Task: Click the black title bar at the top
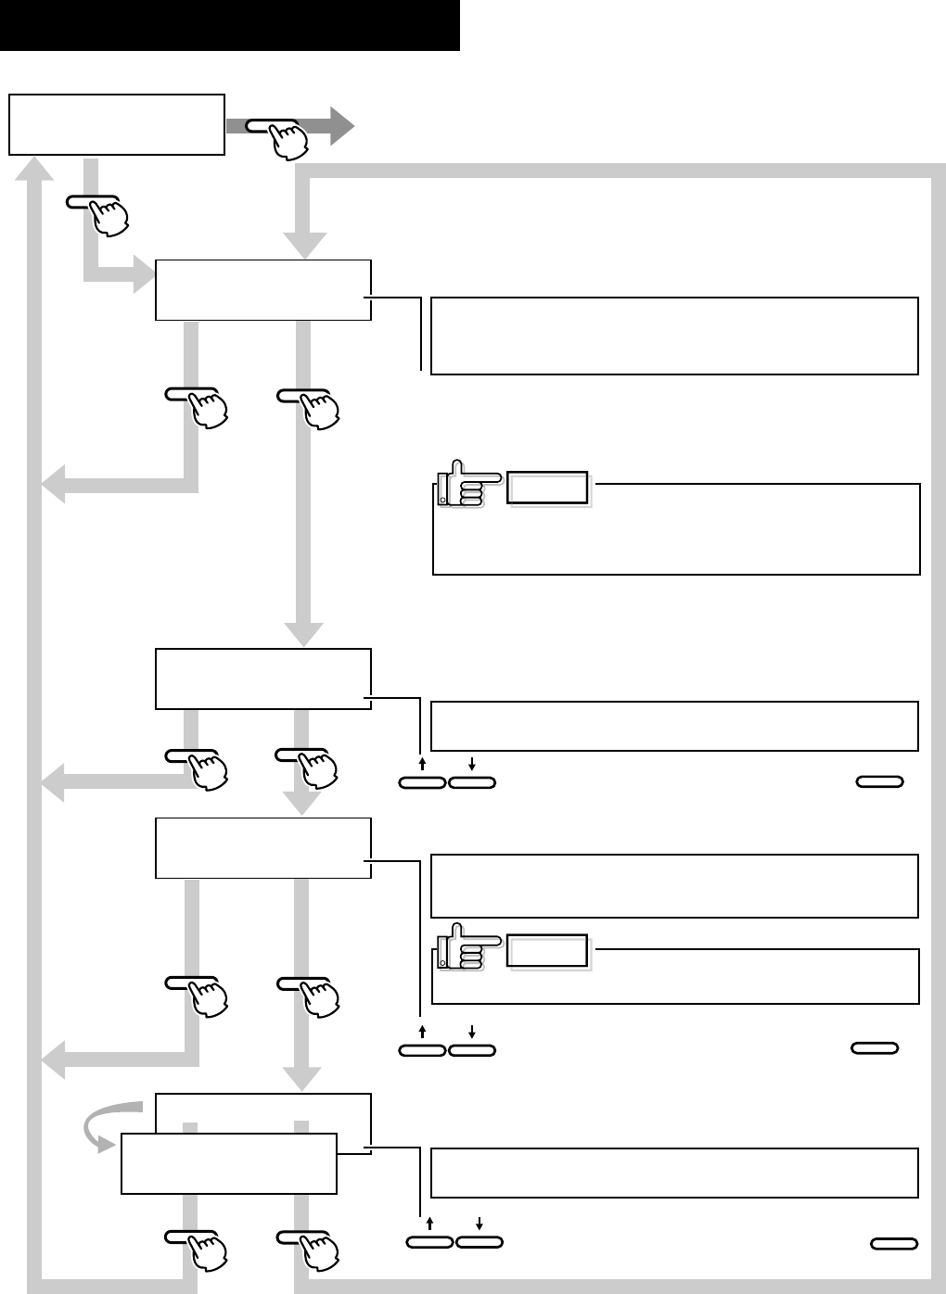pyautogui.click(x=230, y=25)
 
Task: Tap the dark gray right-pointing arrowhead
pyautogui.click(x=339, y=125)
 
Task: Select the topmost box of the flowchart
pyautogui.click(x=117, y=124)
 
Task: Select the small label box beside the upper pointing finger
pyautogui.click(x=548, y=488)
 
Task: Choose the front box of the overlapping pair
pyautogui.click(x=228, y=1163)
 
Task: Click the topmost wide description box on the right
pyautogui.click(x=675, y=336)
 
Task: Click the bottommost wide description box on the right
pyautogui.click(x=675, y=1173)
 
